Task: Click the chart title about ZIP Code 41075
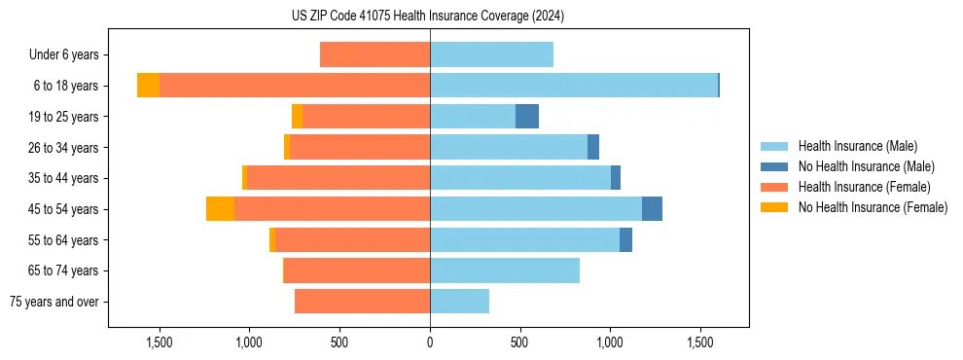(428, 16)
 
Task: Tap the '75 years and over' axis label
(54, 302)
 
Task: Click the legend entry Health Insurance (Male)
(857, 146)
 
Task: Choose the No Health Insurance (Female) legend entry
(873, 207)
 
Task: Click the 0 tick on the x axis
(430, 342)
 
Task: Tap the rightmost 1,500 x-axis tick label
(700, 342)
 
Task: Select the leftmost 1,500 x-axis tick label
(160, 342)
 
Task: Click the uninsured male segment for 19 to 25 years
(527, 117)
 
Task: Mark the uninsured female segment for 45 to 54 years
(220, 209)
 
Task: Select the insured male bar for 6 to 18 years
(574, 86)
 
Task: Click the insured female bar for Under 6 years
(374, 55)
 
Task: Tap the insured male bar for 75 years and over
(459, 302)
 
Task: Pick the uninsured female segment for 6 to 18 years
(148, 86)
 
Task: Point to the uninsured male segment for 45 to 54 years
(652, 209)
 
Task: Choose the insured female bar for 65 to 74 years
(357, 270)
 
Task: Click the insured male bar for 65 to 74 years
(505, 270)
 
